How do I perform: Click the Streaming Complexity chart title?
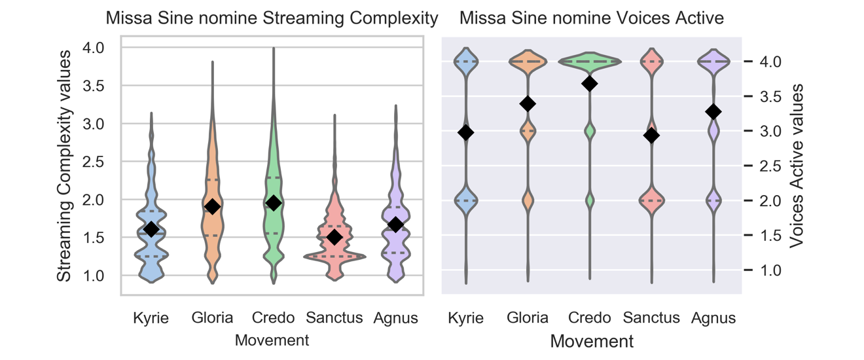pyautogui.click(x=272, y=18)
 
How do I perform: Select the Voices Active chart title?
pyautogui.click(x=591, y=18)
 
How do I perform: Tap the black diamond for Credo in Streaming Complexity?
pyautogui.click(x=274, y=203)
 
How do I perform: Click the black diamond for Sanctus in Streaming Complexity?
pyautogui.click(x=335, y=237)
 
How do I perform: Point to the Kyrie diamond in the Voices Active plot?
pyautogui.click(x=466, y=133)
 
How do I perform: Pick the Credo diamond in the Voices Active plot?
pyautogui.click(x=590, y=84)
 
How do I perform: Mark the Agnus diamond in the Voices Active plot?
pyautogui.click(x=713, y=112)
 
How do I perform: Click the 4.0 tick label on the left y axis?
pyautogui.click(x=94, y=48)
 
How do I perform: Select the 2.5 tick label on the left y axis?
pyautogui.click(x=94, y=162)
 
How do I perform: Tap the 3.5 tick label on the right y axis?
pyautogui.click(x=770, y=96)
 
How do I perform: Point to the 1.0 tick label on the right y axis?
pyautogui.click(x=770, y=270)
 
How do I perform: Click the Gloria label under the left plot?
pyautogui.click(x=212, y=318)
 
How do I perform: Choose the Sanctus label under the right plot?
pyautogui.click(x=651, y=318)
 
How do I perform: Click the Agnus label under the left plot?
pyautogui.click(x=396, y=319)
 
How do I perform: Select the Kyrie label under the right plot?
pyautogui.click(x=465, y=319)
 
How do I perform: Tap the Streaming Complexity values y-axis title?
pyautogui.click(x=64, y=166)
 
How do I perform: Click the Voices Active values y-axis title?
pyautogui.click(x=796, y=166)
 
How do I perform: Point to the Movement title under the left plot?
pyautogui.click(x=272, y=340)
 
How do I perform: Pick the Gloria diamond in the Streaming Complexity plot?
pyautogui.click(x=212, y=206)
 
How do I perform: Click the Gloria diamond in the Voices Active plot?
pyautogui.click(x=528, y=104)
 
